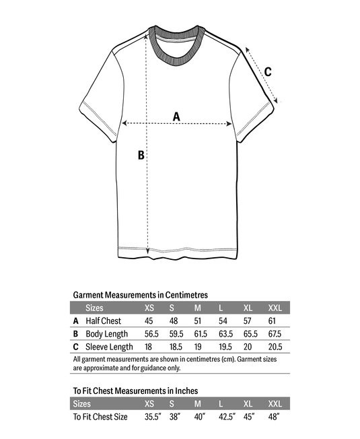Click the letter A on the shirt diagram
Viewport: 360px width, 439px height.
[177, 116]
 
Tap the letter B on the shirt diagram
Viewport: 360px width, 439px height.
[141, 155]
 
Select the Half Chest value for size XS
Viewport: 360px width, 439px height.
[149, 320]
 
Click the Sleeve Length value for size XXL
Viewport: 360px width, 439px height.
[275, 347]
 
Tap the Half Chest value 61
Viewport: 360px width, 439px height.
[273, 320]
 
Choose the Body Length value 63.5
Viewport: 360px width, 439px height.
[224, 334]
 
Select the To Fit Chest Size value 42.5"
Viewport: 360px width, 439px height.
[226, 417]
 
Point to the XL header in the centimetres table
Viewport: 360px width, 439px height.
[247, 308]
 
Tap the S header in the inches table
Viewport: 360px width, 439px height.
[172, 404]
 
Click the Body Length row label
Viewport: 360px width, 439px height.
[106, 334]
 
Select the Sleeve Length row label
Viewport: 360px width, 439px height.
[109, 347]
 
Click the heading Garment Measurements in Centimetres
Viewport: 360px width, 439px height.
[140, 294]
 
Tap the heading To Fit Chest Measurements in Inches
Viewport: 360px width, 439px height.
[135, 391]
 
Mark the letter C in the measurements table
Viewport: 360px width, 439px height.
[76, 347]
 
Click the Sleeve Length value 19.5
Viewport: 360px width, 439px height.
[224, 347]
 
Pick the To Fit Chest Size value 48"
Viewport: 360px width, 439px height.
[274, 417]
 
